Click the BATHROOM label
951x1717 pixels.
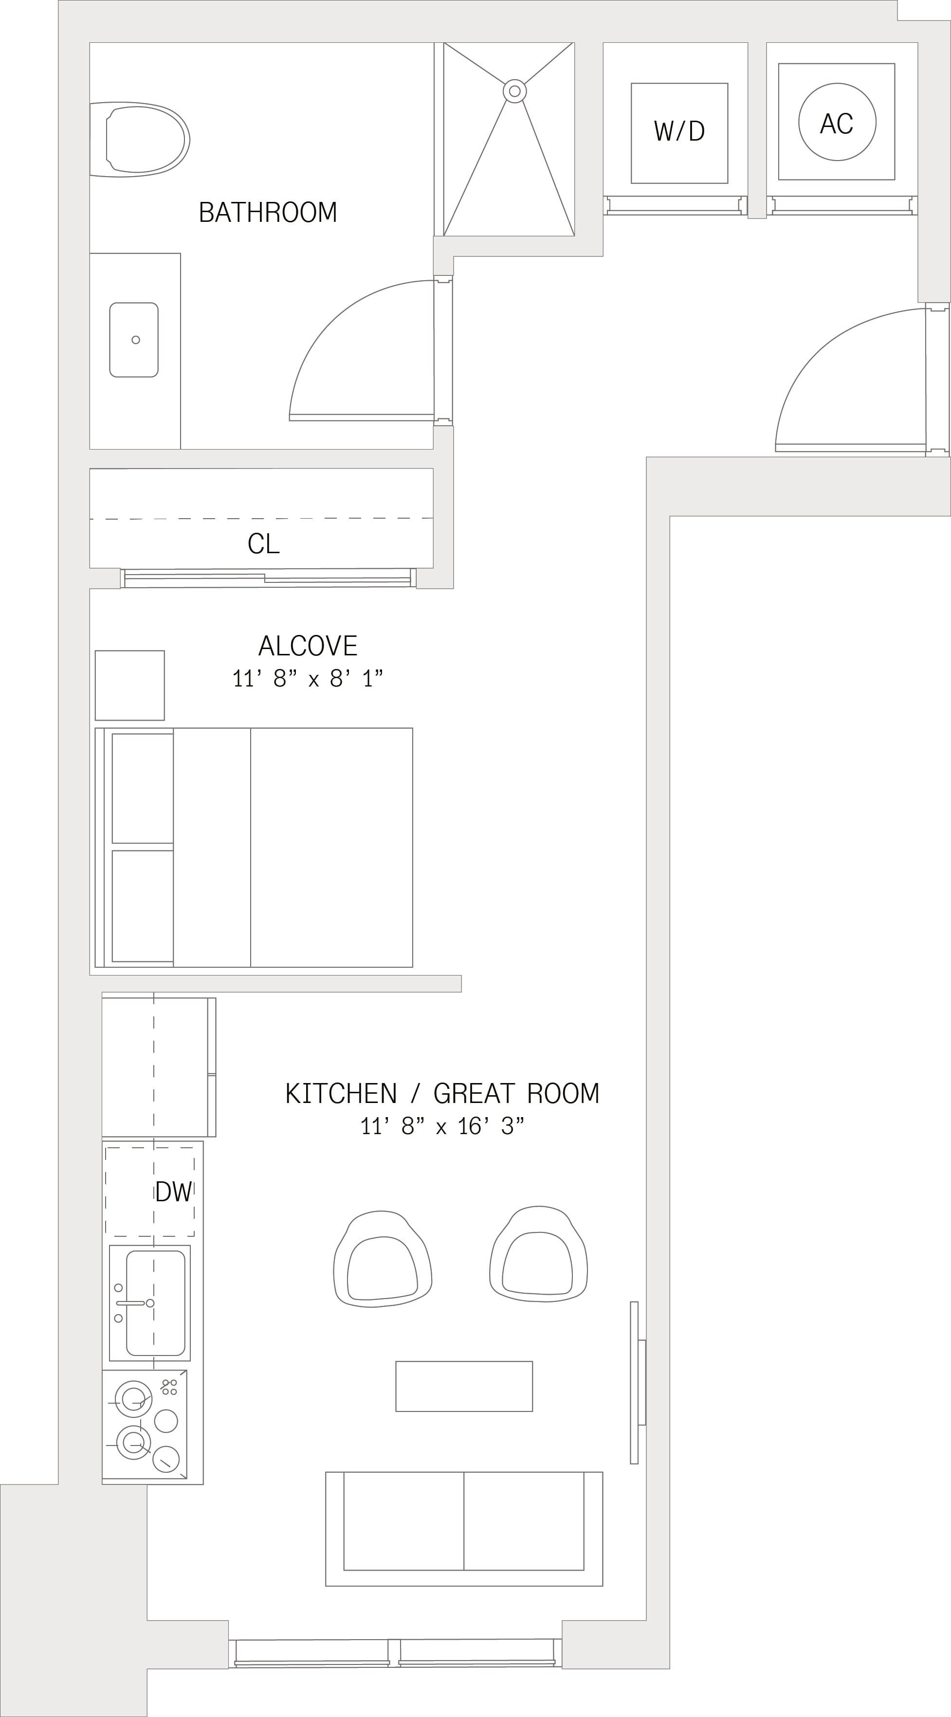pos(267,212)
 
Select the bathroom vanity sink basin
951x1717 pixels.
pos(134,340)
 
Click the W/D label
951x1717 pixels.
pos(679,131)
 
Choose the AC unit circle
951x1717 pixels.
pos(837,122)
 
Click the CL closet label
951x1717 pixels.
pos(263,544)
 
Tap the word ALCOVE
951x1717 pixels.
pos(308,646)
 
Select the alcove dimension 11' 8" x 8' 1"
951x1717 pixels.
pos(308,679)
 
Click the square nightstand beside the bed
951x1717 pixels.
pos(130,685)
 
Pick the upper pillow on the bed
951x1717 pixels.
pos(143,789)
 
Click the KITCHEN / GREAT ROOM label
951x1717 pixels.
pos(442,1094)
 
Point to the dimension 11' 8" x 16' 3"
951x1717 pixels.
pos(442,1126)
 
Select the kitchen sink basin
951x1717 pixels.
pos(155,1302)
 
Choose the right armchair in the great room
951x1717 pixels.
pos(538,1254)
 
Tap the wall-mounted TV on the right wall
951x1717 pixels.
pos(638,1382)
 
